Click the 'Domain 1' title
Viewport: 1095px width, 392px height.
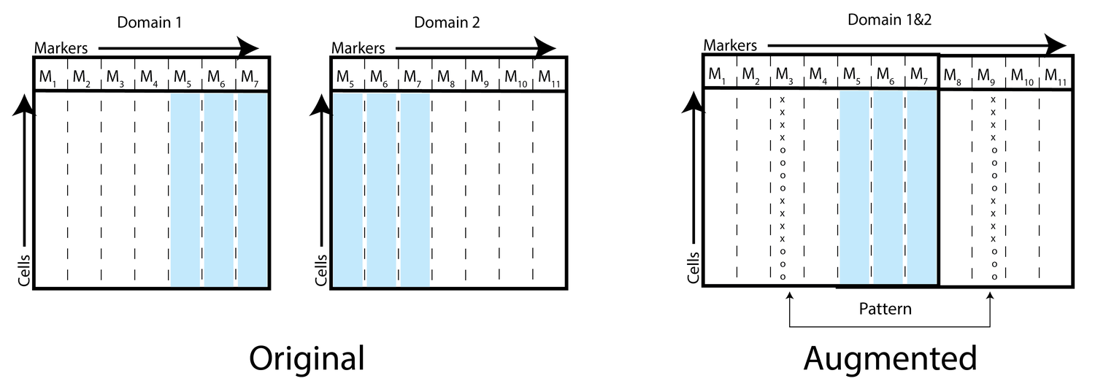[149, 23]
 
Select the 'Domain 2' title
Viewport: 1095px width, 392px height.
[447, 23]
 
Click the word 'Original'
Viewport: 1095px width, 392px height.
[307, 358]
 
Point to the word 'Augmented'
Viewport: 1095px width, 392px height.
[890, 358]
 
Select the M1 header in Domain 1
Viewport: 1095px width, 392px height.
[48, 76]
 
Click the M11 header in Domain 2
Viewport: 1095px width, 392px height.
[547, 76]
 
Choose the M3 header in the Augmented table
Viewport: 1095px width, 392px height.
[785, 74]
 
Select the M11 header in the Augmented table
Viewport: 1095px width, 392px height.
[1054, 74]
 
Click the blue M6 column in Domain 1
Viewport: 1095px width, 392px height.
[218, 190]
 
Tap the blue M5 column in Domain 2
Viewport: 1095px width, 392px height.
[347, 190]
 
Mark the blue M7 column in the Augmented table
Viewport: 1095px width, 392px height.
[923, 186]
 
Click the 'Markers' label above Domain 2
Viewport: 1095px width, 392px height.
[358, 48]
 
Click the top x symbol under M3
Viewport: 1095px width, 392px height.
[783, 99]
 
